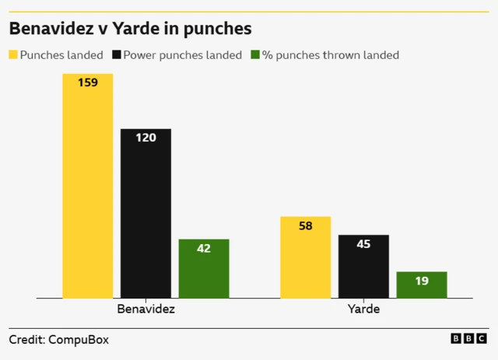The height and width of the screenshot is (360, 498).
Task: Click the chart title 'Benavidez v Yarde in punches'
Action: (130, 30)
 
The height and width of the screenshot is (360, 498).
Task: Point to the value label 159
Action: (88, 82)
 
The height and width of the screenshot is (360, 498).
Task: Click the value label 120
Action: (146, 138)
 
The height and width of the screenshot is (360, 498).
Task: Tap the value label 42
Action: (204, 248)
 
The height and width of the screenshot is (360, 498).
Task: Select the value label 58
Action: (305, 225)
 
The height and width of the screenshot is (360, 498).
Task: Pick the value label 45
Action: (363, 244)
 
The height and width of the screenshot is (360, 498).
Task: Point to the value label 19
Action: (422, 281)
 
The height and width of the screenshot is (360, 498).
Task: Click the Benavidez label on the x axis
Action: (146, 309)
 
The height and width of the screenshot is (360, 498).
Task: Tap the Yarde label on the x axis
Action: (363, 309)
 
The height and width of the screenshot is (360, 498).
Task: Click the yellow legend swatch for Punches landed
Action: (13, 55)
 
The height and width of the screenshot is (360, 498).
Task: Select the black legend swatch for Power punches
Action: (117, 55)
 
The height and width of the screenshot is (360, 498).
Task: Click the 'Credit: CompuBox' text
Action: (59, 340)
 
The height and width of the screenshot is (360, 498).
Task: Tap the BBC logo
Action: (468, 339)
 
